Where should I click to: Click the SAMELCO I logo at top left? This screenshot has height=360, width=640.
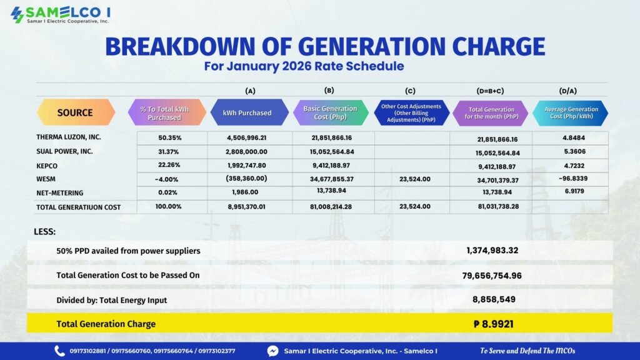(x=61, y=15)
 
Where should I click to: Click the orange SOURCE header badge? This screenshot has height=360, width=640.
(x=76, y=112)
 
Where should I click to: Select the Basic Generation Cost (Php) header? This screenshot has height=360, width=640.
(x=330, y=112)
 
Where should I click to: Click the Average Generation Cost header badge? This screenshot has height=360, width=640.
(x=571, y=112)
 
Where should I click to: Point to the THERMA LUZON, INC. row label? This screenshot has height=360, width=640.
(x=69, y=137)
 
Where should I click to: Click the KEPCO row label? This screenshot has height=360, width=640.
(x=47, y=166)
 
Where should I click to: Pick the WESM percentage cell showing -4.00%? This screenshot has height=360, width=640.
(x=166, y=179)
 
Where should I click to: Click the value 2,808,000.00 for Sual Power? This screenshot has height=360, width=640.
(x=246, y=152)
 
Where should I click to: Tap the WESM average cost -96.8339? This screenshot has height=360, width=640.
(x=573, y=178)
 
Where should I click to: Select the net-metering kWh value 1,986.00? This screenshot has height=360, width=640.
(x=245, y=192)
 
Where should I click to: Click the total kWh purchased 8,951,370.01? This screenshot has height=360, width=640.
(x=246, y=206)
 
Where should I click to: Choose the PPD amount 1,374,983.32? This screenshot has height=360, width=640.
(x=492, y=250)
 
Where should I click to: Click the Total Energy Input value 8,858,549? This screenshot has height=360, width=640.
(x=494, y=299)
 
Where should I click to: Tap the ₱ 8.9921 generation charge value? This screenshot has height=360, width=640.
(x=494, y=324)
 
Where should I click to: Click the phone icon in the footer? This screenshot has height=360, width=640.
(x=59, y=351)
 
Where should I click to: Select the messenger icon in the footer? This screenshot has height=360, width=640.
(x=272, y=351)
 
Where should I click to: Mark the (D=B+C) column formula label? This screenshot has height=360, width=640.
(x=490, y=91)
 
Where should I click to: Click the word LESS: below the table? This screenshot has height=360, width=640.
(x=44, y=231)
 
